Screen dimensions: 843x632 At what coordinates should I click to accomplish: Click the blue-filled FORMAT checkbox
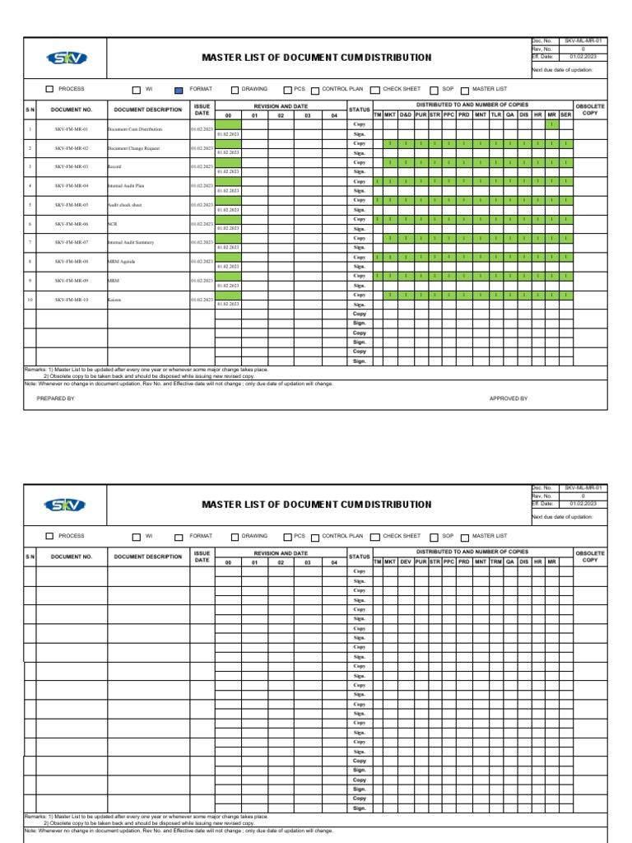(179, 89)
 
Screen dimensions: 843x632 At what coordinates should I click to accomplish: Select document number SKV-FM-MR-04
(72, 186)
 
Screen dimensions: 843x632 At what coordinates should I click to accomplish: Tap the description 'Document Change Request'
(133, 148)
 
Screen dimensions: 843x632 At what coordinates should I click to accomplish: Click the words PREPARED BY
(56, 398)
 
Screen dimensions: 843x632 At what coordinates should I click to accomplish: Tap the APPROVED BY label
(509, 398)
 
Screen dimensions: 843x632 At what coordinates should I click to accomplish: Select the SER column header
(566, 115)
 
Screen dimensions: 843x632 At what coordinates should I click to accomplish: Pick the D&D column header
(406, 115)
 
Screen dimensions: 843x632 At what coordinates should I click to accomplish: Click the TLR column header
(496, 115)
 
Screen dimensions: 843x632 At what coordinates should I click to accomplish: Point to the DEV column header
(406, 561)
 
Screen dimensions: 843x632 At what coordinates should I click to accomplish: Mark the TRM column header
(496, 561)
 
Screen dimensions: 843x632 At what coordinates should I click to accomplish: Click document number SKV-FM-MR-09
(72, 281)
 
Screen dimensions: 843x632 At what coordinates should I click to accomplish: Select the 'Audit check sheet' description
(125, 205)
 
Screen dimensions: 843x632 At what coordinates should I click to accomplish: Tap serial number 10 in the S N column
(30, 300)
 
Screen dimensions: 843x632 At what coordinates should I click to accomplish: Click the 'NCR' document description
(112, 224)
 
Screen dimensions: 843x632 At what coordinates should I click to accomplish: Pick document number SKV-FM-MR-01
(72, 129)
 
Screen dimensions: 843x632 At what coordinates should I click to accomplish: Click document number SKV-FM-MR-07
(72, 243)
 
